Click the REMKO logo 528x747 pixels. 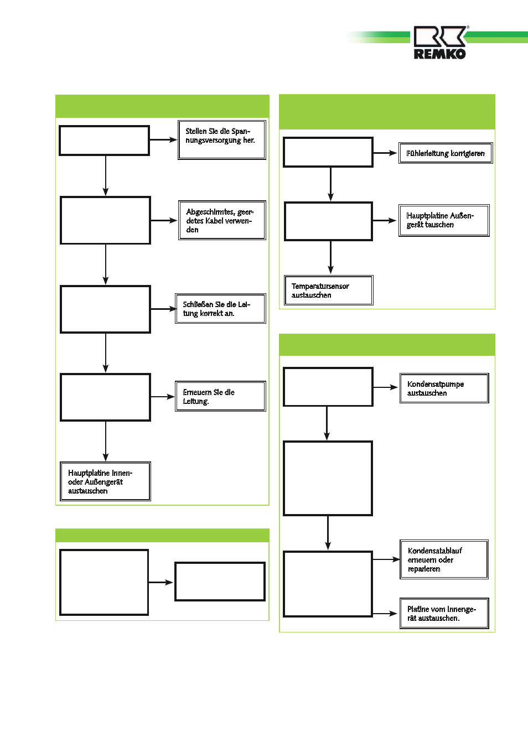point(440,43)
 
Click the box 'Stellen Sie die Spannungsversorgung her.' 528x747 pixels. point(222,140)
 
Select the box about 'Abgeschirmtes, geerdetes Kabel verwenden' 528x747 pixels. point(222,220)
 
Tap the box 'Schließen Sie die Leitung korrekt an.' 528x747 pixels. point(220,308)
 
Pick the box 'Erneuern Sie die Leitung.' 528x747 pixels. point(220,396)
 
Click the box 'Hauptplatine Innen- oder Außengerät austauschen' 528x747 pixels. point(105,481)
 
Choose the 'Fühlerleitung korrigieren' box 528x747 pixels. point(446,153)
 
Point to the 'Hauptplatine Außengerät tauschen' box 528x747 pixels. point(444,220)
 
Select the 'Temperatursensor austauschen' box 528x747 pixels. point(329,290)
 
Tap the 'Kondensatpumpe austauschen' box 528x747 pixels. point(444,388)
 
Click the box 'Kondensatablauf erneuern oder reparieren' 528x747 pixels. point(444,559)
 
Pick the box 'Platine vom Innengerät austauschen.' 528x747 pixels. point(444,613)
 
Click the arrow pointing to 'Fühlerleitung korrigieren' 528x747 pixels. point(385,153)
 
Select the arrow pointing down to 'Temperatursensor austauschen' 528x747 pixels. point(330,257)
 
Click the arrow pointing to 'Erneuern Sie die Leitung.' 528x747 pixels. point(163,397)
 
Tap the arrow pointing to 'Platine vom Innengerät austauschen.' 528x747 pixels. point(385,613)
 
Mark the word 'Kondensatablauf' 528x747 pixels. point(434,551)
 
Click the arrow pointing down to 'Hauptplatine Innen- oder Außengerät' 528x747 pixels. point(106,441)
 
